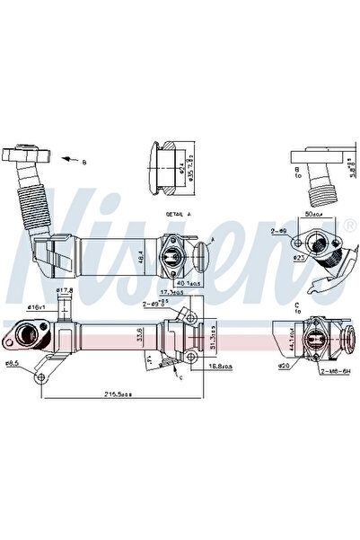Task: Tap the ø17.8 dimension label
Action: (x=65, y=290)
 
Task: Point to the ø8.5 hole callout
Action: (x=13, y=363)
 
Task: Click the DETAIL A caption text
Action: (x=178, y=217)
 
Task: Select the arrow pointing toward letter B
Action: (x=66, y=160)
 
